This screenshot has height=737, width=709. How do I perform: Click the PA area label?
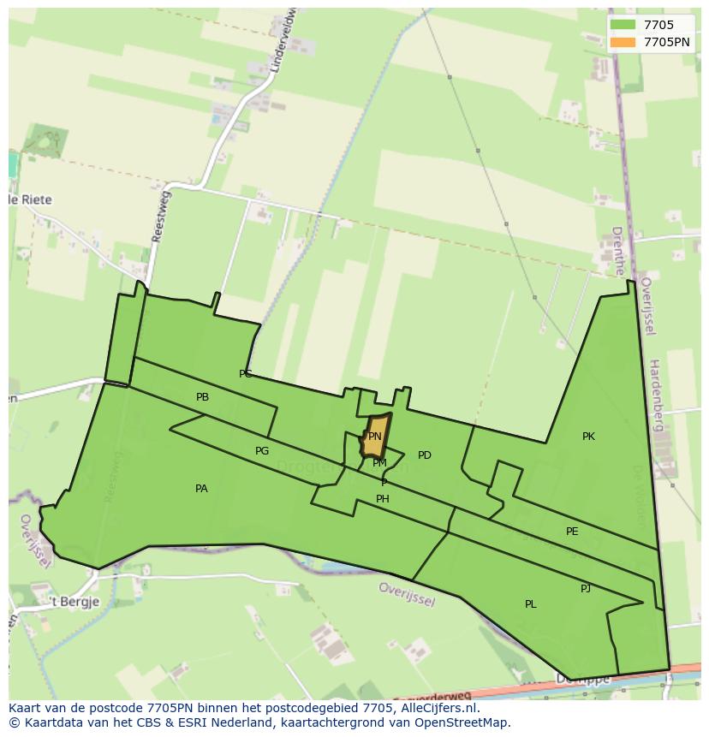[201, 489]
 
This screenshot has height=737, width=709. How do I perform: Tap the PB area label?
[202, 397]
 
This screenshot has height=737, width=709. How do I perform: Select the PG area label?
[262, 451]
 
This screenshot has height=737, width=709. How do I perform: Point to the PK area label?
[588, 437]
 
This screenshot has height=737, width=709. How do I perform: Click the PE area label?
[572, 532]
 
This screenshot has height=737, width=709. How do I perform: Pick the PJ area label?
[586, 588]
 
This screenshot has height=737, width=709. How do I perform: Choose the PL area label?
[531, 604]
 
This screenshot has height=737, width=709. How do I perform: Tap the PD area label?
[425, 455]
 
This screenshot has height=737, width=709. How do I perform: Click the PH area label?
[383, 499]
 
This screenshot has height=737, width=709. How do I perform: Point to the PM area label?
[379, 463]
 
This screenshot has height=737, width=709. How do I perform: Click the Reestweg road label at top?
[160, 217]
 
